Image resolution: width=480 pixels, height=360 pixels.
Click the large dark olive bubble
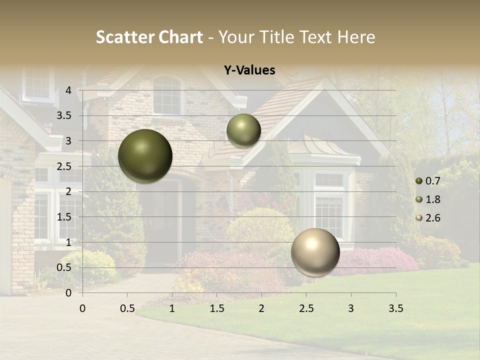[x=145, y=156]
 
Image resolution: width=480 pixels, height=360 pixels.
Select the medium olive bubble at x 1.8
[x=243, y=130]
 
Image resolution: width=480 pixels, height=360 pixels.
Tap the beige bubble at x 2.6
[x=315, y=252]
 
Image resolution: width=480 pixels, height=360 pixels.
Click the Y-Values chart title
[x=249, y=70]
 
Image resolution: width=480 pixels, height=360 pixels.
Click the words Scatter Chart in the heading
[x=149, y=37]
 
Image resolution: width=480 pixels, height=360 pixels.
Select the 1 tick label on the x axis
[x=172, y=308]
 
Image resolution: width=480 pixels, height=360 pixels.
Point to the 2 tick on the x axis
[x=261, y=308]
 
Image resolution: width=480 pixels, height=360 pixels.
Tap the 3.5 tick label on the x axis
[x=395, y=308]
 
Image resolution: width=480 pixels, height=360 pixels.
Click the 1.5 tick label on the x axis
[x=216, y=308]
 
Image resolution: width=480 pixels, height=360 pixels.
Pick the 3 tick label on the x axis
[x=351, y=308]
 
